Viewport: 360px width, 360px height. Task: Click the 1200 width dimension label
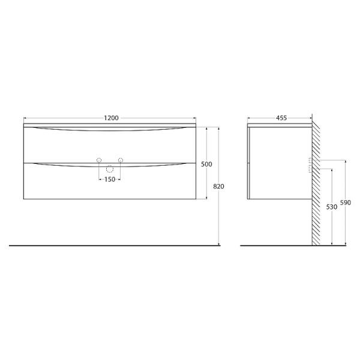tap(110, 118)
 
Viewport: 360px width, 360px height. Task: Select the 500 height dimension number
tap(207, 164)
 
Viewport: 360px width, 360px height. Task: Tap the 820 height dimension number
tap(218, 187)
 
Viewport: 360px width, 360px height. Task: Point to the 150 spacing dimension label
tap(110, 179)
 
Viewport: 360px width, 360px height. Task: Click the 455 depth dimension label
tap(281, 118)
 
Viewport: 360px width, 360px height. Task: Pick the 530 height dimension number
tap(331, 207)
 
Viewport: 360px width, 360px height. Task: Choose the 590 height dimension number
tap(345, 203)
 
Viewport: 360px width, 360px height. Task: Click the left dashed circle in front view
tap(99, 160)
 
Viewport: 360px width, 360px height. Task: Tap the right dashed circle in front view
tap(121, 160)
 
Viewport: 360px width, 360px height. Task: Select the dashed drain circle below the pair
tap(110, 169)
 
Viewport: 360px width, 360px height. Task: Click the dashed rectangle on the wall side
tap(310, 165)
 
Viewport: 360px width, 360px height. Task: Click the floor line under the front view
tap(114, 245)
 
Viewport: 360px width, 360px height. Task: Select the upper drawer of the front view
tap(110, 144)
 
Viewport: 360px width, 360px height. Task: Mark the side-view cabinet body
tap(280, 162)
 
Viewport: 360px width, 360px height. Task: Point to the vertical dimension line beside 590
tap(345, 228)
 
